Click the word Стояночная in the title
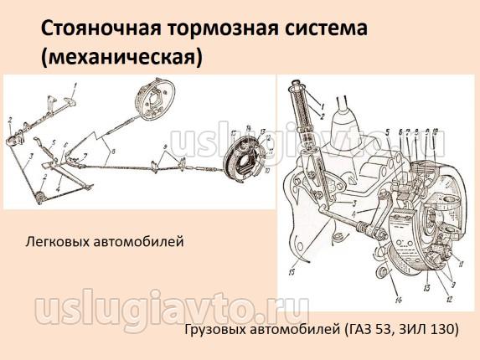[101, 29]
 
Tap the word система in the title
[323, 29]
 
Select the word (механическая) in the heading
[121, 57]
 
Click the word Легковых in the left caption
[58, 242]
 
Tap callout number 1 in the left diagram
[75, 86]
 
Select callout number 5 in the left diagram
[54, 142]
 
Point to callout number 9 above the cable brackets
[165, 147]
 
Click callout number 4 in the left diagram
[58, 189]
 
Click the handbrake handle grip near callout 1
[70, 102]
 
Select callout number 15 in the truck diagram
[292, 271]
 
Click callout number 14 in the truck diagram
[398, 301]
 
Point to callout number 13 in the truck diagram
[426, 287]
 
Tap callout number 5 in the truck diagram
[388, 132]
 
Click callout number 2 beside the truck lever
[322, 116]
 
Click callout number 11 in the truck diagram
[461, 264]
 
